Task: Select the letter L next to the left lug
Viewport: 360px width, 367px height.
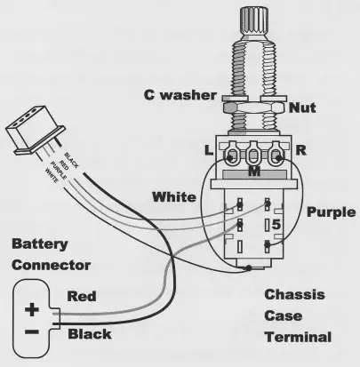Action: point(209,152)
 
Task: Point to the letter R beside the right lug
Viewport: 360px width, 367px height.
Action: point(302,152)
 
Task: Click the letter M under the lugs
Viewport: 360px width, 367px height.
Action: point(254,171)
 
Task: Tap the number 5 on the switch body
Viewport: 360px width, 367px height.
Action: point(276,226)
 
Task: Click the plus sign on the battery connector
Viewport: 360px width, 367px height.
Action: point(30,311)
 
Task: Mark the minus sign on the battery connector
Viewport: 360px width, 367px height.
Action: point(30,331)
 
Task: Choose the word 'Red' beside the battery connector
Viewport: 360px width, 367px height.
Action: point(81,296)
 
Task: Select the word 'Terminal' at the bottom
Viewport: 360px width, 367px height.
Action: point(297,337)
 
